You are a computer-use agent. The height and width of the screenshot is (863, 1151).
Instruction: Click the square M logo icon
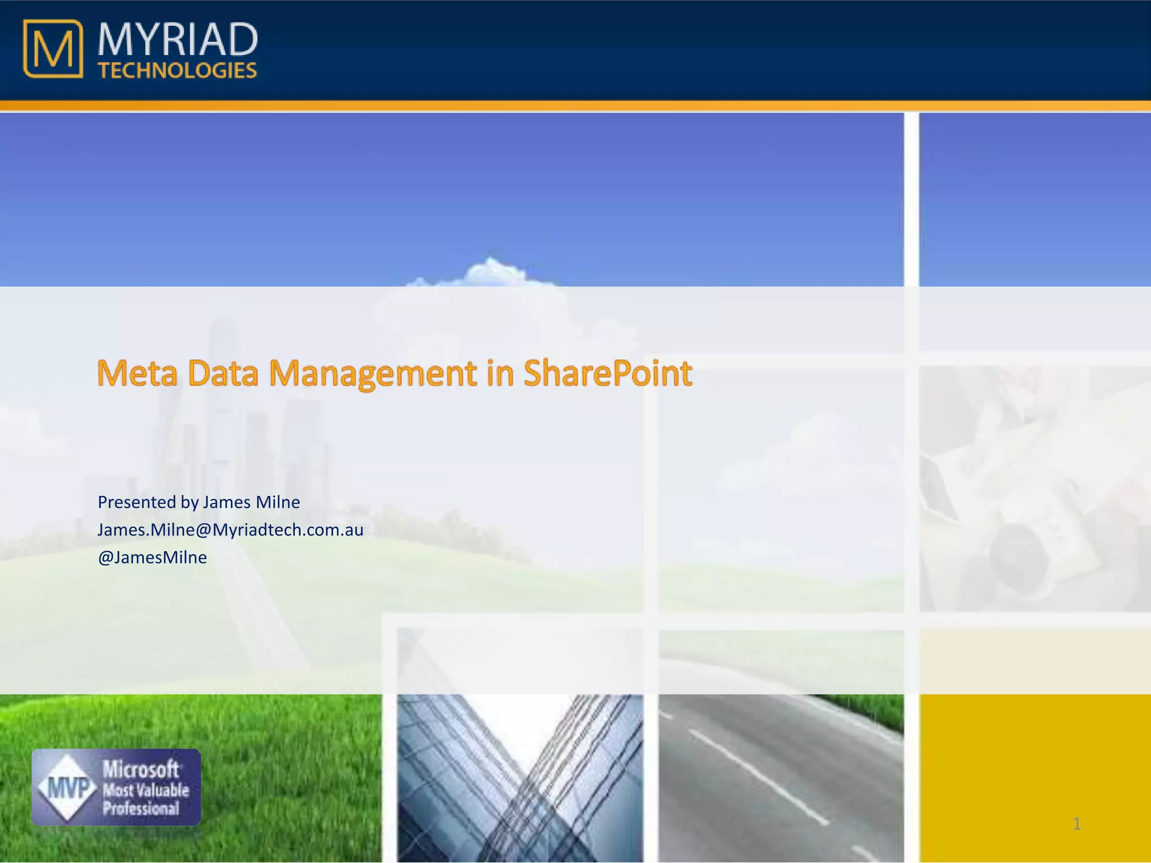tap(53, 49)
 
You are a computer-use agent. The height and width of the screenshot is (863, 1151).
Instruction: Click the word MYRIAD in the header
tap(178, 40)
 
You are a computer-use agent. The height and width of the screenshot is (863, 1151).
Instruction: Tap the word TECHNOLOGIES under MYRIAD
tap(178, 71)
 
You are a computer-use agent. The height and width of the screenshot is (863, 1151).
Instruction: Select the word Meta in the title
tap(137, 373)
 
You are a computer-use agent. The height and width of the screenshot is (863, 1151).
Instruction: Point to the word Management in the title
tap(373, 373)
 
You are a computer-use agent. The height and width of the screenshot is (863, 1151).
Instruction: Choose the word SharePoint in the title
tap(608, 373)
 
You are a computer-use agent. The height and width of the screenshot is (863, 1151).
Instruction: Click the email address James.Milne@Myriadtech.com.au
tap(230, 530)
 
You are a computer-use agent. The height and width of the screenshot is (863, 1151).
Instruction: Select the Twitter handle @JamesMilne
tap(152, 557)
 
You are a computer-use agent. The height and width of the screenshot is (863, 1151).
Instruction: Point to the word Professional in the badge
tap(141, 809)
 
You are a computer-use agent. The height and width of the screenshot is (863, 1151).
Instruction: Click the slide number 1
tap(1076, 824)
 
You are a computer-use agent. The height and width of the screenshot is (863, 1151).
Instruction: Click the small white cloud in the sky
tap(492, 272)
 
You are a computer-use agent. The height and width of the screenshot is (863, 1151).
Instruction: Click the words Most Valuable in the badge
tap(146, 791)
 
